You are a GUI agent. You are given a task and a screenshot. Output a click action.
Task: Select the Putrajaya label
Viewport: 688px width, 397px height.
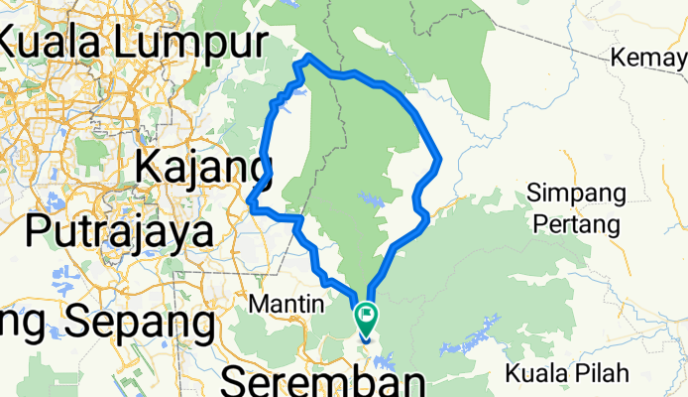click(x=119, y=230)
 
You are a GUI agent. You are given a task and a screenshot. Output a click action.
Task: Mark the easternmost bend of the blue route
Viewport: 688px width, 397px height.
click(x=438, y=158)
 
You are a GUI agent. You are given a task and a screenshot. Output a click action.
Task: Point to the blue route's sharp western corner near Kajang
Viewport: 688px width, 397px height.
click(x=252, y=208)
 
